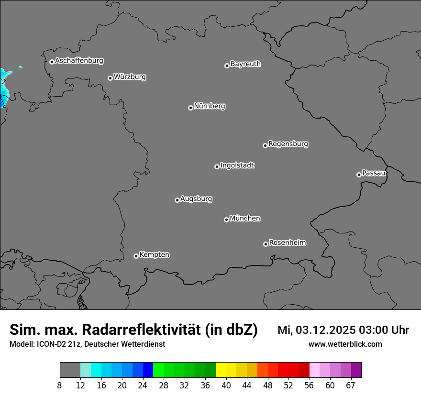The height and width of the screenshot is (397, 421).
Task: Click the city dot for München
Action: point(226,220)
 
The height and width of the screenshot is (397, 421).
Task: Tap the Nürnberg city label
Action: point(209,106)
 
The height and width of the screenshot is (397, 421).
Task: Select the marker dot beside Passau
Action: point(359,175)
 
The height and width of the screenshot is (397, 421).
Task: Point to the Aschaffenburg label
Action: point(79,61)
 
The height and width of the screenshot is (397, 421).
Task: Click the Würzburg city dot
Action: point(110,78)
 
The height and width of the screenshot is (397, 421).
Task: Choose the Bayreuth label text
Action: point(245,64)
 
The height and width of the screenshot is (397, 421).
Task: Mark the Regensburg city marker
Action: point(265,145)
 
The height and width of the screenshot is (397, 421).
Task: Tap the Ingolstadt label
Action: point(237,165)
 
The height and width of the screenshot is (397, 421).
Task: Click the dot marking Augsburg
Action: point(177,200)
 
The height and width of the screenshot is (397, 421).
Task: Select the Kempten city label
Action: point(154,254)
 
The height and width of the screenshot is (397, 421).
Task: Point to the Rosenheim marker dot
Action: point(266,244)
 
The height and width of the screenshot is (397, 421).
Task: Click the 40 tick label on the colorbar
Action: point(226,385)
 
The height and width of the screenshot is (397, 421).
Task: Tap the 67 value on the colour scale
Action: point(351,385)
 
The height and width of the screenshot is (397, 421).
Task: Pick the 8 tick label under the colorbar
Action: point(60,385)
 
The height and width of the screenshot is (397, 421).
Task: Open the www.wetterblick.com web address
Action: point(345,344)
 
